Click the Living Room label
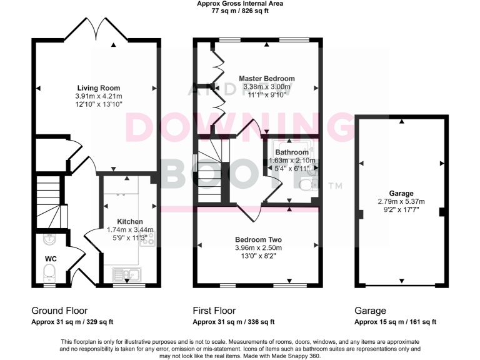98,87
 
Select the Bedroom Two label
258,239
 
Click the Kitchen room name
129,221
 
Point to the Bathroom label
292,152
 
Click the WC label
51,258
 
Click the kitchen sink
127,274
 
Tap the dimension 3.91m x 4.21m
98,96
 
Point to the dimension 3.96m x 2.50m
258,248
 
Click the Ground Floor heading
59,311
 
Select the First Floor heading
218,311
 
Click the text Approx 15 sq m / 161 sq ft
395,322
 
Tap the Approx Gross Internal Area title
239,4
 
